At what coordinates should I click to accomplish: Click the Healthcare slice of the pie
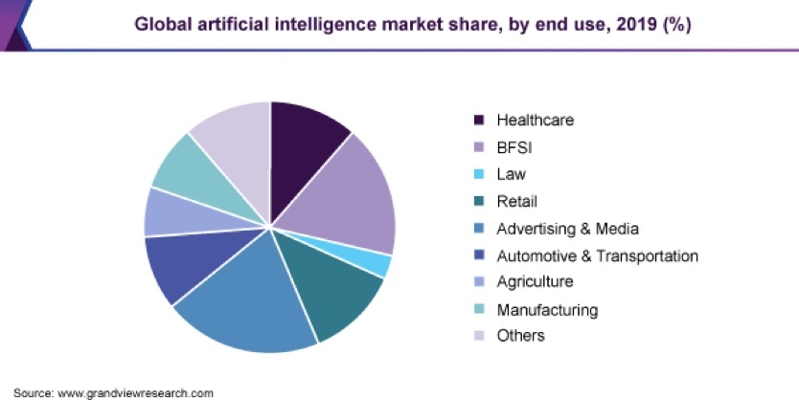[304, 139]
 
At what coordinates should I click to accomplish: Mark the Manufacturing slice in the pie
[182, 167]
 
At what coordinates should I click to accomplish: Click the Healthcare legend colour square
[479, 121]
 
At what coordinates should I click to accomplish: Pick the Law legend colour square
[479, 174]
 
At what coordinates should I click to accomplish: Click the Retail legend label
[516, 201]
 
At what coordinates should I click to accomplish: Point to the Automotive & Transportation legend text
[597, 256]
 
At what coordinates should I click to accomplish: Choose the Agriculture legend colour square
[479, 282]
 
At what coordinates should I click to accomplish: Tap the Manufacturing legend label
[547, 309]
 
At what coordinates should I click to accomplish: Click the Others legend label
[520, 336]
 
